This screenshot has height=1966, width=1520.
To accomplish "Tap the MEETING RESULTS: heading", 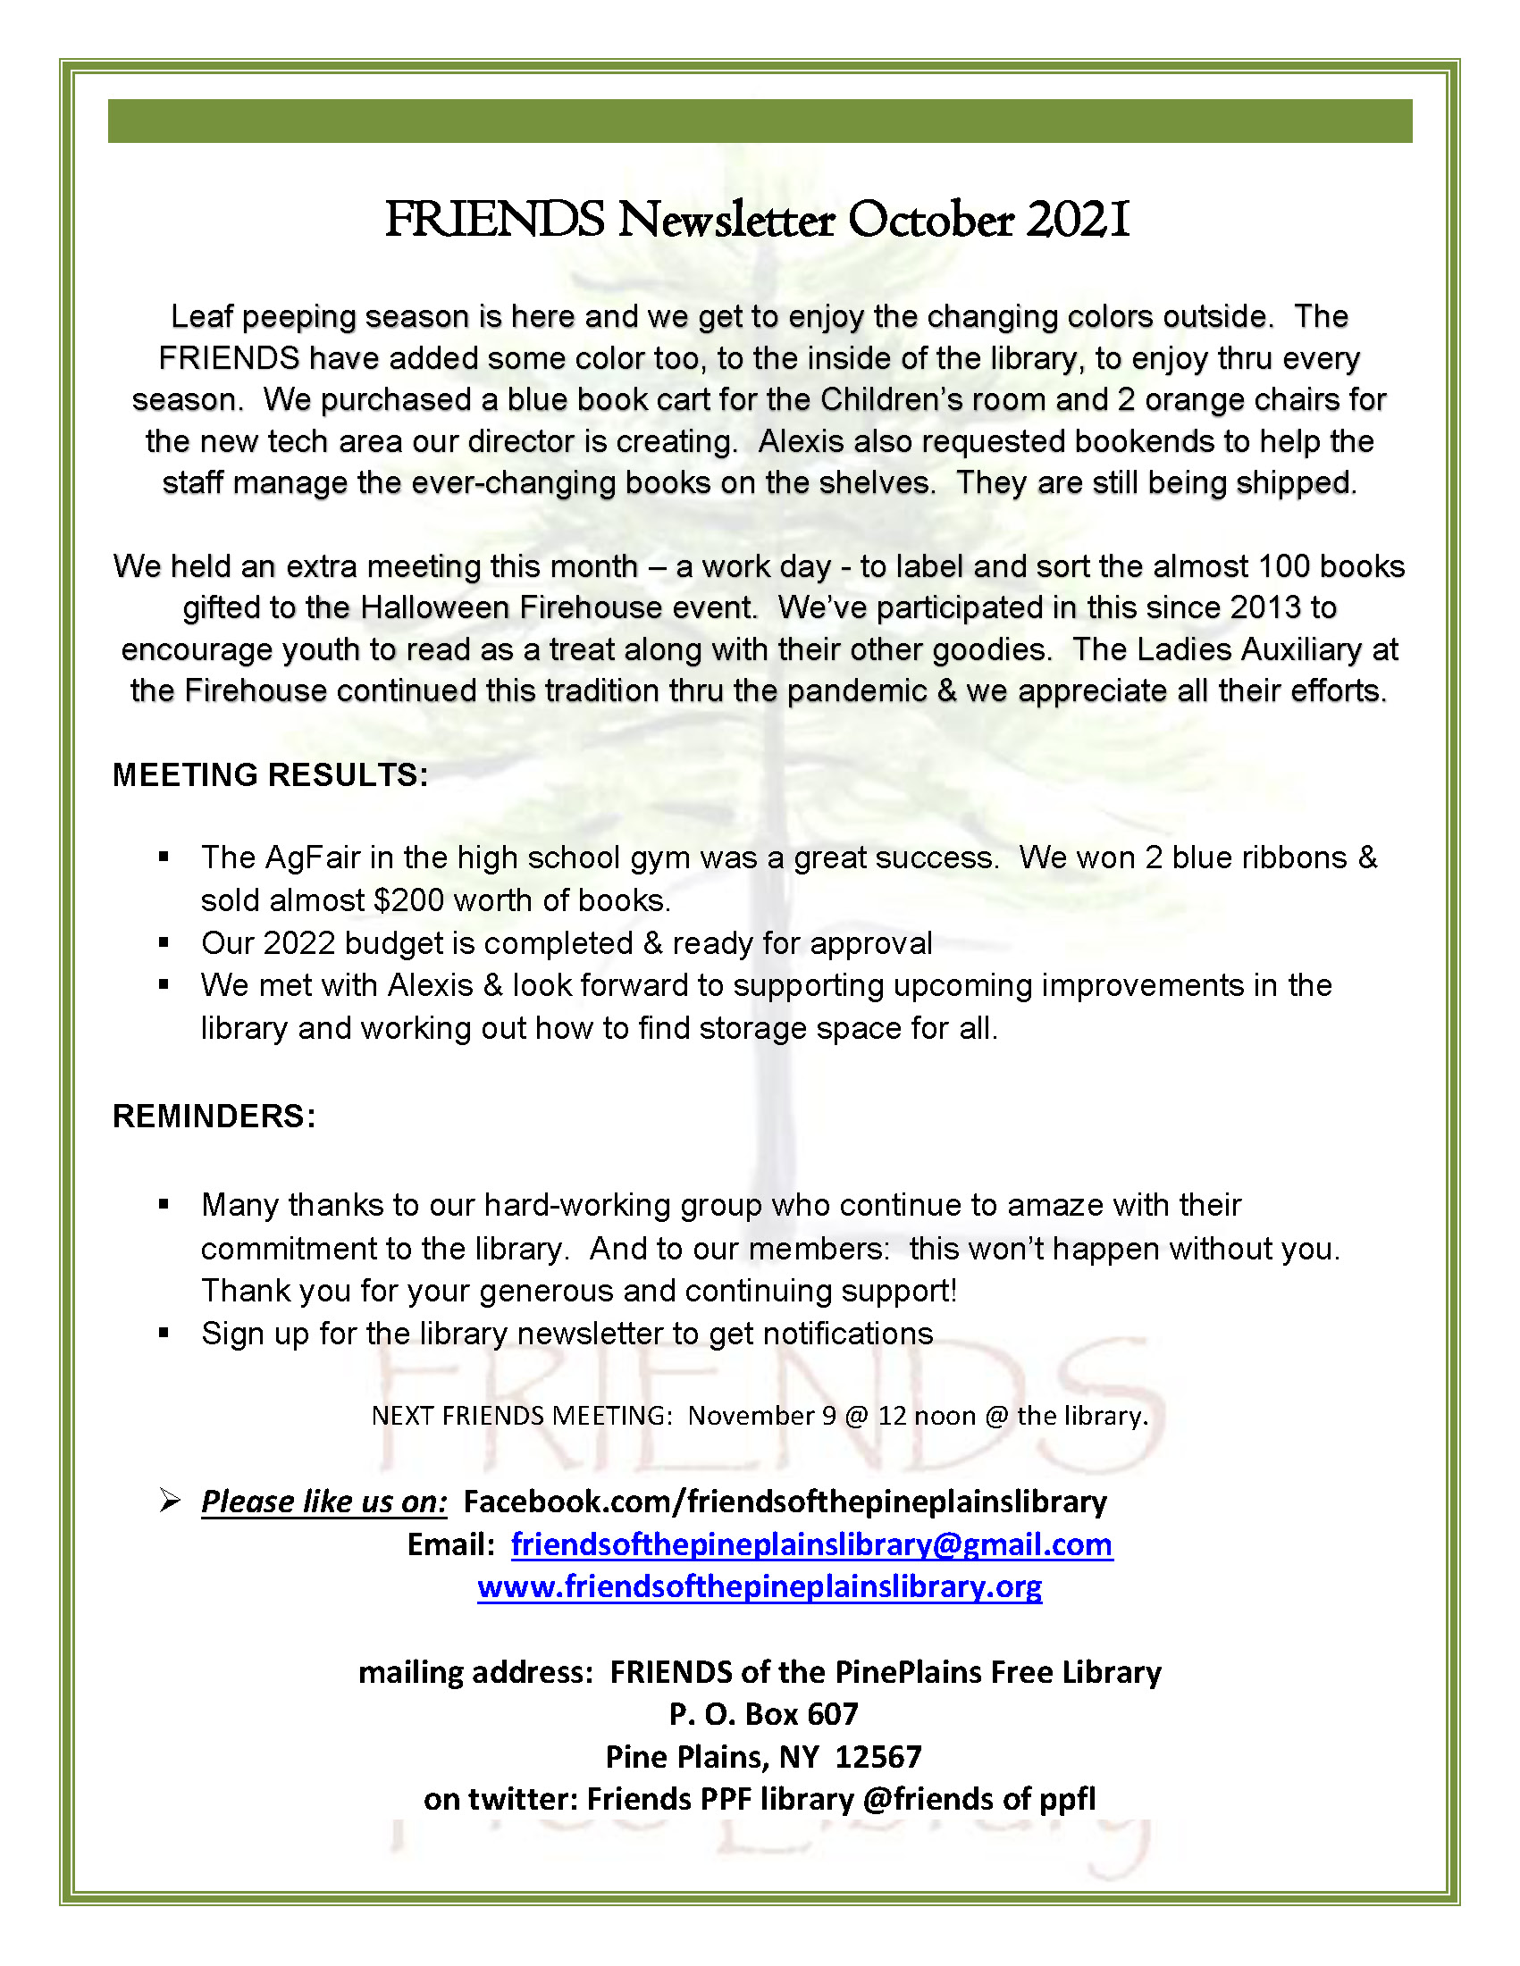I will click(x=270, y=775).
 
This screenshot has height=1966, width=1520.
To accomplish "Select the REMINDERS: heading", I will click(x=214, y=1117).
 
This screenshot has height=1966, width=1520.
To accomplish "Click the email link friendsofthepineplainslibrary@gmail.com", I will click(x=811, y=1544).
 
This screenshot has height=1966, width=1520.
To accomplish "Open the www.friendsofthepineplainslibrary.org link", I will click(x=759, y=1586).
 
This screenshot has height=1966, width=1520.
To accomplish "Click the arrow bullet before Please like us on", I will click(x=169, y=1501).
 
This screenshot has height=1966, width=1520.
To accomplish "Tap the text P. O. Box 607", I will click(x=763, y=1714).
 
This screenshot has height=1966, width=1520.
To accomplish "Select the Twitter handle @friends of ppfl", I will click(x=978, y=1799).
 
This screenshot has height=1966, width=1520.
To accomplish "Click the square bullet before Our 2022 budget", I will click(x=164, y=942).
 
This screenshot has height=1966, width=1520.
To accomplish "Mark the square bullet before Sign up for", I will click(x=164, y=1334).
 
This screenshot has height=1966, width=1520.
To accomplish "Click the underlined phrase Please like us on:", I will click(x=323, y=1502).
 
